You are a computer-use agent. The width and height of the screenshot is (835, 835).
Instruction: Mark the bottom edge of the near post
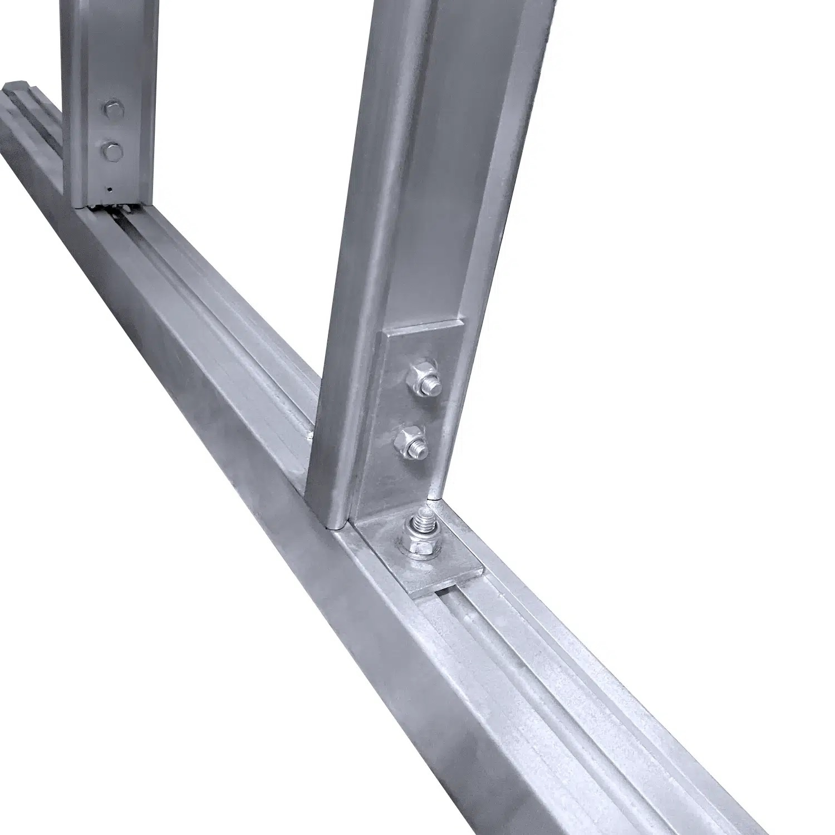(326, 523)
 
